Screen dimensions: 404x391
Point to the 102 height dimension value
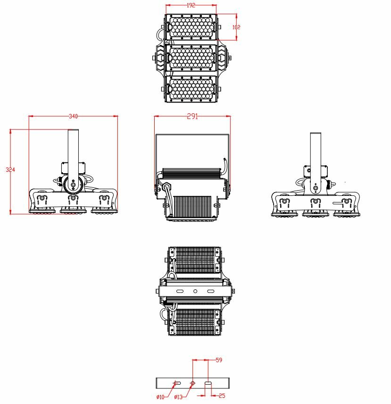click(236, 27)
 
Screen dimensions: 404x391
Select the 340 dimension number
click(73, 116)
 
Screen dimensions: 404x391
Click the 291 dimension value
click(192, 117)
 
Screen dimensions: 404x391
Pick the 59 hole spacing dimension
click(218, 360)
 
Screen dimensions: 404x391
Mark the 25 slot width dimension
click(222, 396)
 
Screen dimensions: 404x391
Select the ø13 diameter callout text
click(178, 397)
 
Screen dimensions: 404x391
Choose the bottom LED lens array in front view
click(191, 88)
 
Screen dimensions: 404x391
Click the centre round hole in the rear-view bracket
click(195, 292)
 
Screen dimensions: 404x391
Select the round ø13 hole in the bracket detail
click(192, 382)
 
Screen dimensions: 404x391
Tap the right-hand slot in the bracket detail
click(208, 382)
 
